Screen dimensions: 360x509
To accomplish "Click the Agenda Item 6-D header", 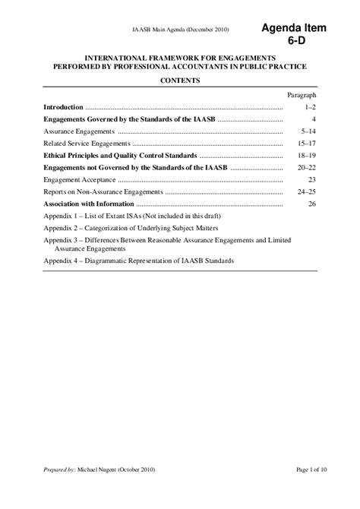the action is (294, 34).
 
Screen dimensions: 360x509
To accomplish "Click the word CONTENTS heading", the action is (179, 80).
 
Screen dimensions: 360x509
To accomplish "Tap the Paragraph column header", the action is (302, 96).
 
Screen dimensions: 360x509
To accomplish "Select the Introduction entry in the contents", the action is (63, 109).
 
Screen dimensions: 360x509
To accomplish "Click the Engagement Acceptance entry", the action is (79, 180).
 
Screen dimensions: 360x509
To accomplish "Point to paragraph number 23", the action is (311, 180).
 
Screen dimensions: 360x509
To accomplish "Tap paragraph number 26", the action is (311, 204).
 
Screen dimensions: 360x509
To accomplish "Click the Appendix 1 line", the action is (128, 216).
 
